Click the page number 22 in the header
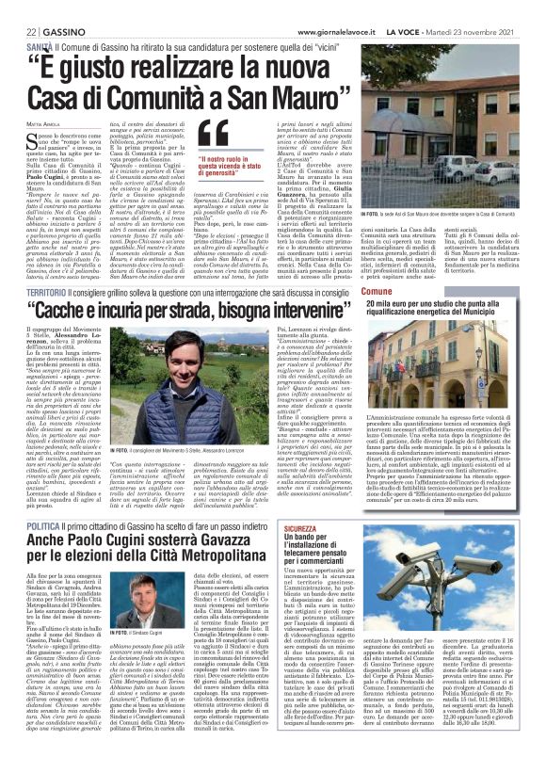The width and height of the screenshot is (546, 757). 17,8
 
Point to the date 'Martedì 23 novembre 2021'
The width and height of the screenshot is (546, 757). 496,8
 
